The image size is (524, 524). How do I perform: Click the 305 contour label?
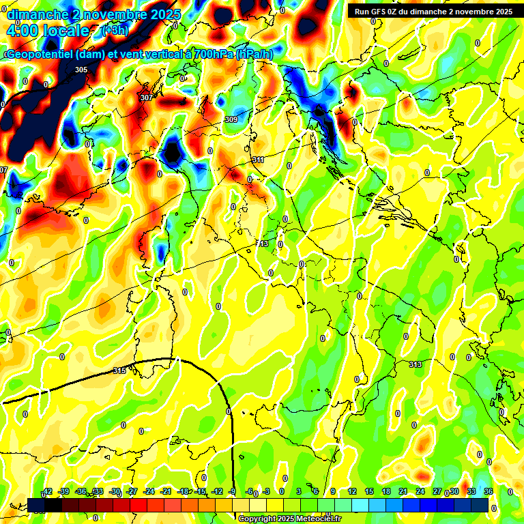tap(81, 70)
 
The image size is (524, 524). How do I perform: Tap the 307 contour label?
tap(146, 98)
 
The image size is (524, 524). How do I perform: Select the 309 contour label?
tap(231, 120)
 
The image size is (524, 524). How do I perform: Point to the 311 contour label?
tap(258, 160)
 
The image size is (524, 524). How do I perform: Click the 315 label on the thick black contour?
tap(119, 370)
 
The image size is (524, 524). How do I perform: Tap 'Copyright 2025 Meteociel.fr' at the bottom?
tap(290, 519)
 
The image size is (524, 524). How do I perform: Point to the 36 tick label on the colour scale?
tap(489, 492)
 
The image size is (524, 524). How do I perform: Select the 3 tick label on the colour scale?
tap(299, 492)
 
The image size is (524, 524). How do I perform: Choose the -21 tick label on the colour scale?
tap(166, 492)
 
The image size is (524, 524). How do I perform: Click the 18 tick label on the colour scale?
tap(386, 492)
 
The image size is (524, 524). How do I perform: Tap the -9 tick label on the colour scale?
tap(232, 492)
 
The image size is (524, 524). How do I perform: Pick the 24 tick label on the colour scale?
tap(420, 492)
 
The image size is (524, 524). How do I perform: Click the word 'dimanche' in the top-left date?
tap(38, 14)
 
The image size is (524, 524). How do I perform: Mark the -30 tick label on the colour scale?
tap(115, 492)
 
